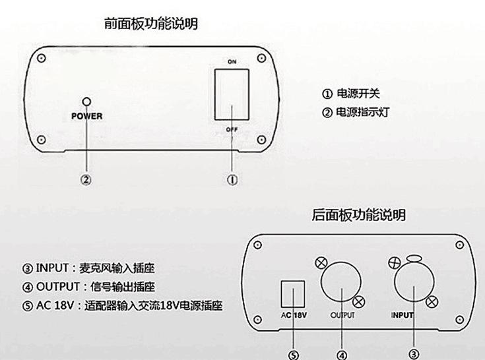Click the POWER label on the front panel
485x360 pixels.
click(86, 116)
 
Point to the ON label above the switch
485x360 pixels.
click(232, 62)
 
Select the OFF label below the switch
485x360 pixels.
click(232, 129)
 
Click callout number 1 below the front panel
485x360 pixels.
click(232, 180)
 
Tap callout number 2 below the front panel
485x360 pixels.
click(86, 180)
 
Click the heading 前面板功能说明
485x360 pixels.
click(151, 24)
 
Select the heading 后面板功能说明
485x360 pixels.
click(358, 215)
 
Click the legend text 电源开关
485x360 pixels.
click(358, 94)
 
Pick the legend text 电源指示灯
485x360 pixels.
click(362, 112)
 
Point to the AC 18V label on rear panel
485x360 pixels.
click(294, 315)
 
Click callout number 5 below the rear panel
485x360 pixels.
click(293, 355)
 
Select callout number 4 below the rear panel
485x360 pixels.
click(342, 355)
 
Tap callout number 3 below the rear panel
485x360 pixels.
click(414, 354)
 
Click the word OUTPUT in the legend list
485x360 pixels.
click(58, 286)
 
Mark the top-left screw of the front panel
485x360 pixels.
click(41, 58)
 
